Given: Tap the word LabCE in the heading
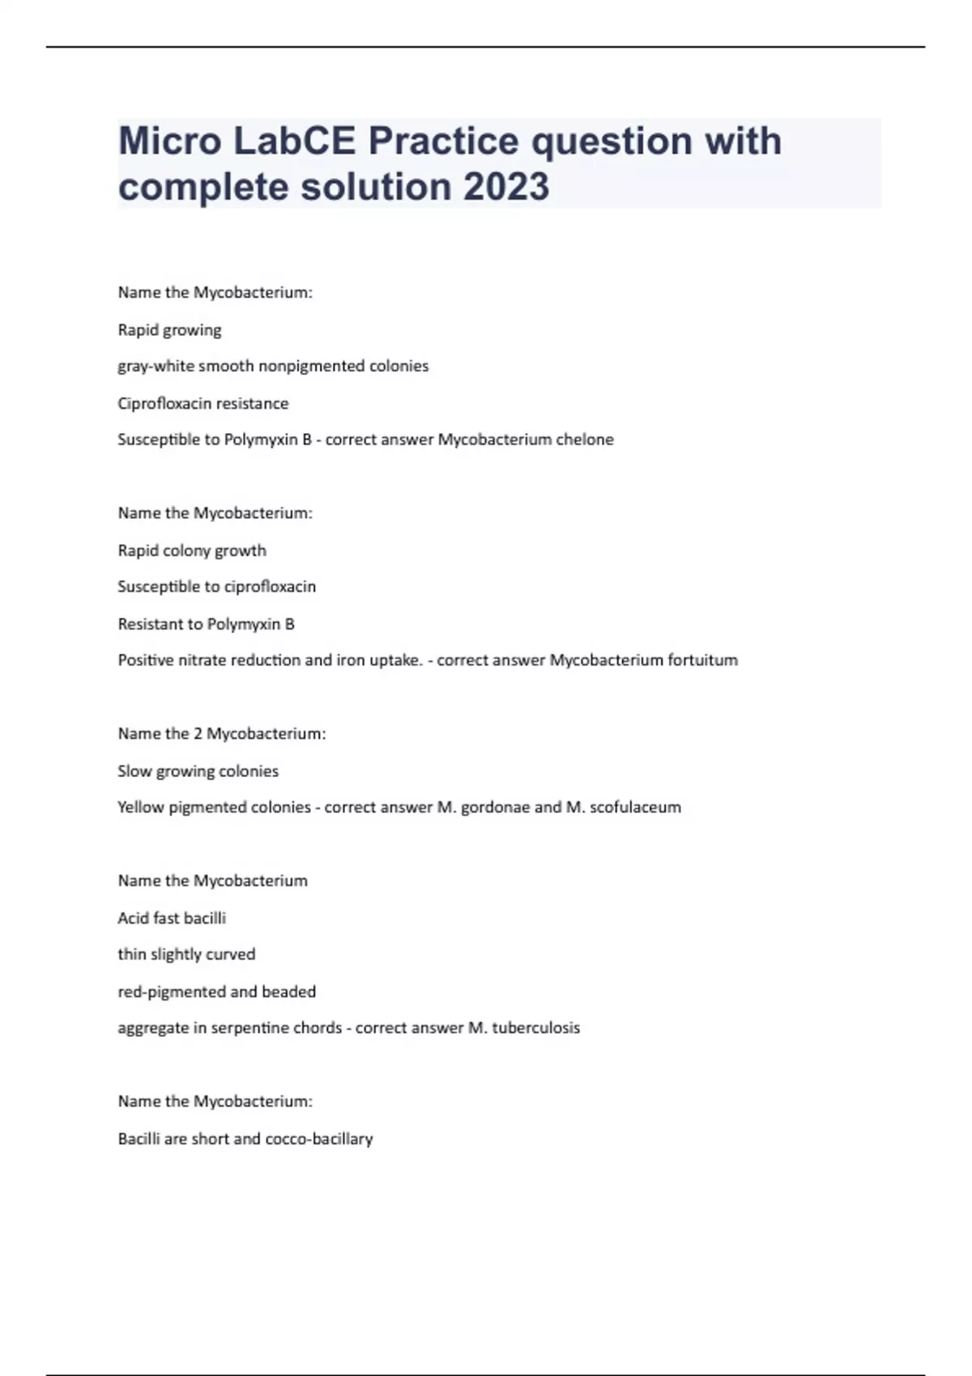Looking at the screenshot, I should coord(294,141).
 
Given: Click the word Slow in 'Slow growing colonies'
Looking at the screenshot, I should coord(134,771).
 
